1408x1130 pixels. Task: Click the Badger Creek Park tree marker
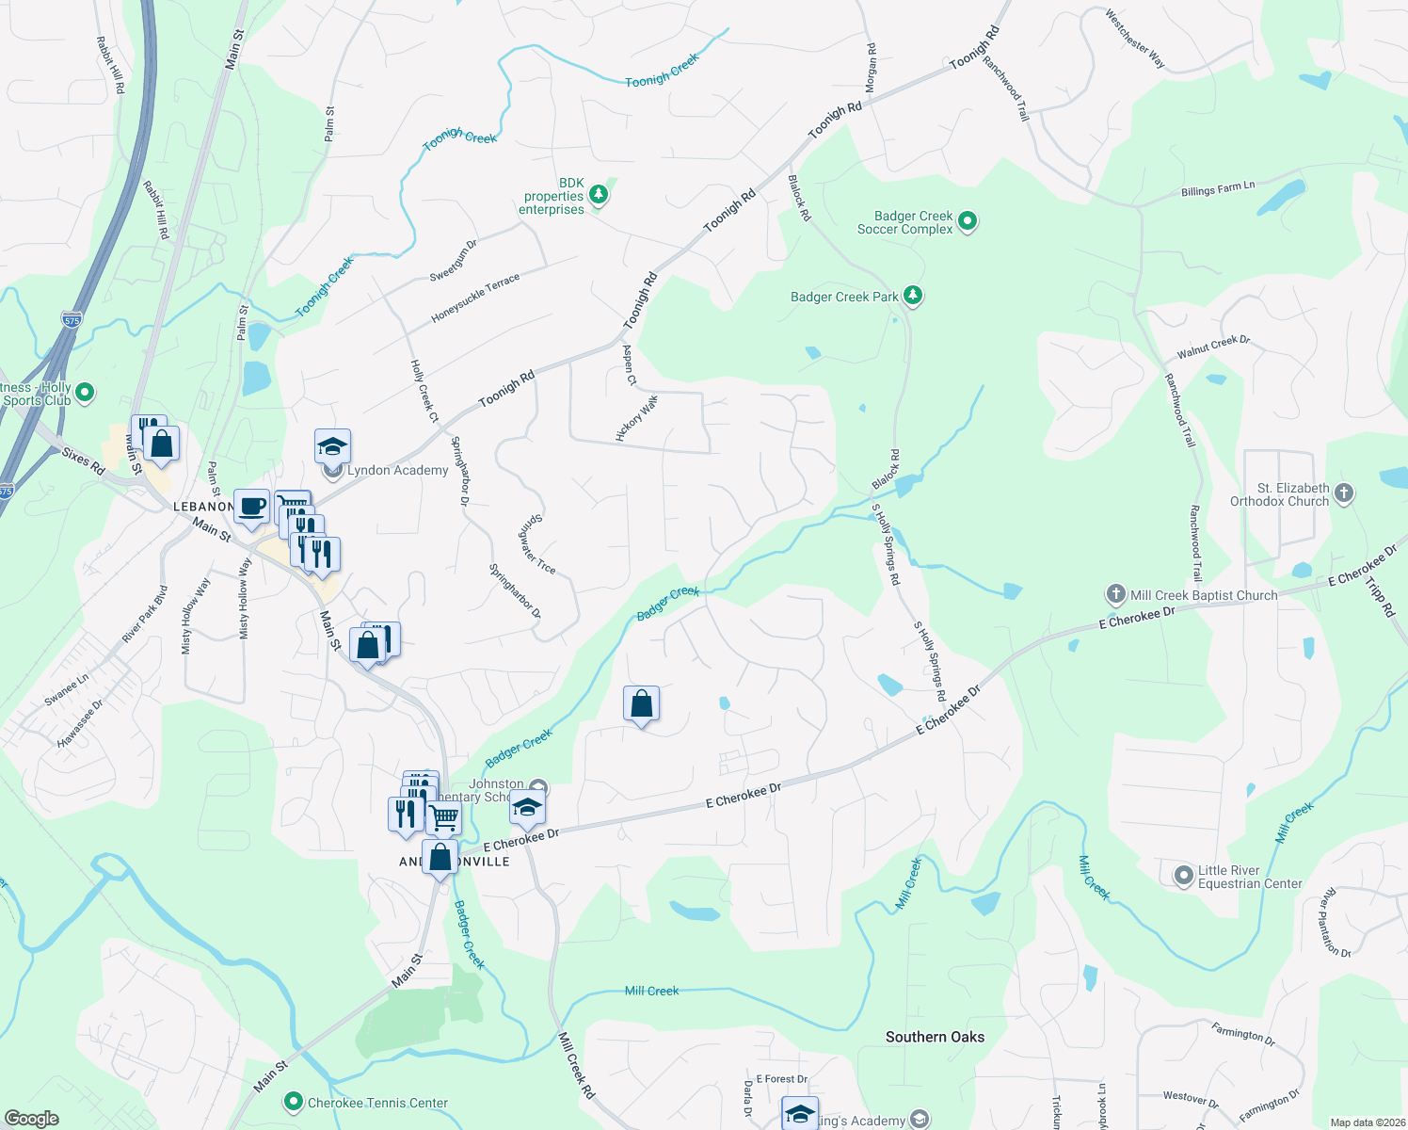[912, 296]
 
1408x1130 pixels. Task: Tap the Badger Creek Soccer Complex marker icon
[968, 222]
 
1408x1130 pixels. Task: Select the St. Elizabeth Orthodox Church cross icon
[1344, 492]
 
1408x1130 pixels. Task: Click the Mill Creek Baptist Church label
[1204, 595]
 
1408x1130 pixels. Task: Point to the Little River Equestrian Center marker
[1184, 876]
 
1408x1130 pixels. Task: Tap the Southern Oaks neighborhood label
[935, 1037]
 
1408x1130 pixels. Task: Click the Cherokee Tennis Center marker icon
[294, 1101]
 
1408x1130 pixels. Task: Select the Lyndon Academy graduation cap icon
[332, 446]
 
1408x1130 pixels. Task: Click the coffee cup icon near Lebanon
[251, 507]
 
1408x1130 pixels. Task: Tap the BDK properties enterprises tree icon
[599, 195]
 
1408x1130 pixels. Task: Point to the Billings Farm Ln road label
[1218, 189]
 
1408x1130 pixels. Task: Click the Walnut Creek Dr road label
[1213, 347]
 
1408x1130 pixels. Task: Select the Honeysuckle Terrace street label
[475, 299]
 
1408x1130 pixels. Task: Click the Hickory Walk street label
[637, 418]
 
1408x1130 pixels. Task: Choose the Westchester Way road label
[1135, 39]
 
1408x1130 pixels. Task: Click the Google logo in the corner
[31, 1119]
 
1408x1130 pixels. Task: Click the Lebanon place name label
[203, 507]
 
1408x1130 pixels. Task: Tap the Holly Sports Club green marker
[85, 392]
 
